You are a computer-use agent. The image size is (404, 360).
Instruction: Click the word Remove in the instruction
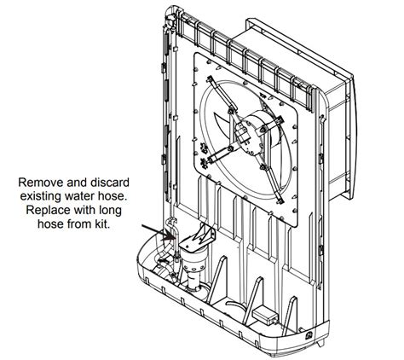coord(38,182)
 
